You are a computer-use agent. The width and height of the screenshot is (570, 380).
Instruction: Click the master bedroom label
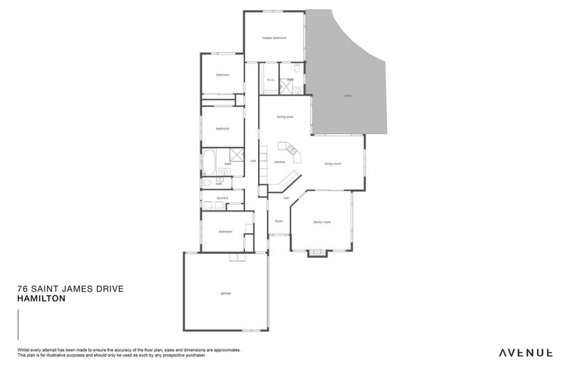click(x=274, y=37)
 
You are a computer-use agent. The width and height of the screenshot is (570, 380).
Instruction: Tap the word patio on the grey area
click(x=348, y=96)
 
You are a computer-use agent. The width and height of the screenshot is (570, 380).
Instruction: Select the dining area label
click(x=285, y=116)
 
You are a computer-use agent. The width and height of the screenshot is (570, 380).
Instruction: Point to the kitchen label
click(x=280, y=163)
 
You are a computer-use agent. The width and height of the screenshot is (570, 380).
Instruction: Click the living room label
click(x=333, y=164)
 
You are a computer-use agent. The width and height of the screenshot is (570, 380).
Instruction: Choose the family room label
click(x=322, y=222)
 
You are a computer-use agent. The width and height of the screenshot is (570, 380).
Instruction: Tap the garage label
click(x=226, y=294)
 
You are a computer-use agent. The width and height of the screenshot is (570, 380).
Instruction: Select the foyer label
click(x=279, y=221)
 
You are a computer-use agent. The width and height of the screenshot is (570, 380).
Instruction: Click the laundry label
click(x=222, y=198)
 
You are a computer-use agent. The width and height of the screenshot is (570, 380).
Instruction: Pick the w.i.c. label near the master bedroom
click(x=271, y=80)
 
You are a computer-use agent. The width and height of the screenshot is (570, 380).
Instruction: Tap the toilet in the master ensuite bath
click(x=297, y=70)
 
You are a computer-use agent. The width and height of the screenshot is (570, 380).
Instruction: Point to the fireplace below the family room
click(x=316, y=252)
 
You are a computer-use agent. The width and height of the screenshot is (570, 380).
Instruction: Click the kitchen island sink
click(x=291, y=148)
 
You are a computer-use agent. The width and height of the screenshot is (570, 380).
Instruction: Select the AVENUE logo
click(x=526, y=352)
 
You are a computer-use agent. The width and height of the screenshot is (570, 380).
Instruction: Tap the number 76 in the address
click(x=22, y=289)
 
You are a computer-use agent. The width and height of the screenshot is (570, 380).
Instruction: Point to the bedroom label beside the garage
click(x=225, y=232)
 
